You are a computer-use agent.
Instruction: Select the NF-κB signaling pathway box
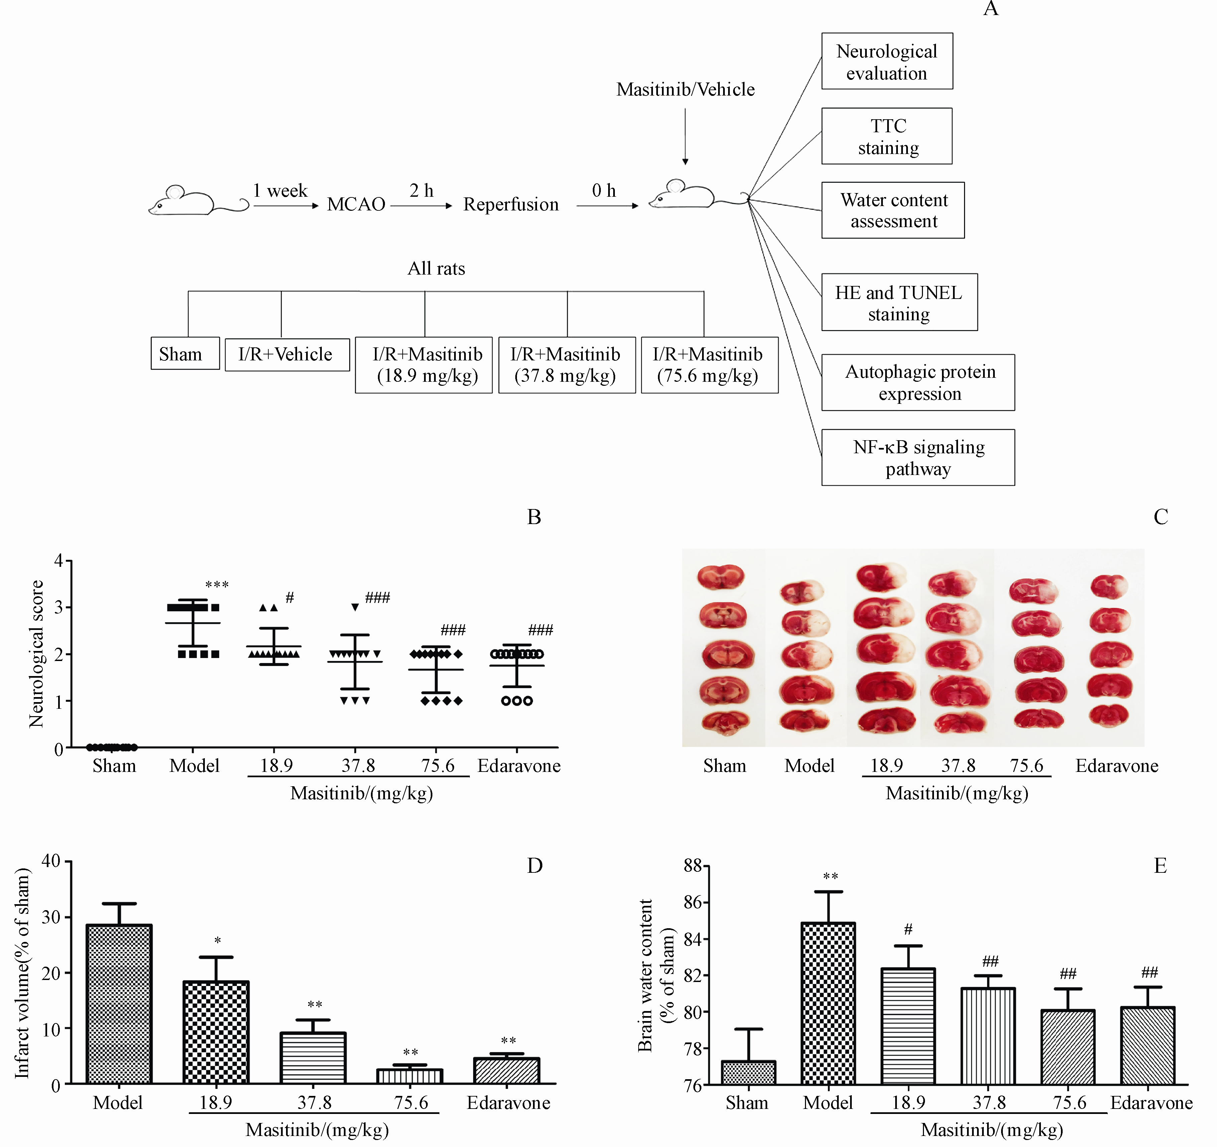pos(918,458)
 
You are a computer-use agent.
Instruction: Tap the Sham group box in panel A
pos(185,354)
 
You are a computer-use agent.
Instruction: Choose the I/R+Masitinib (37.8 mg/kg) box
pos(566,365)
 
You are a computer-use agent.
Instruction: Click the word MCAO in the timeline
pos(356,204)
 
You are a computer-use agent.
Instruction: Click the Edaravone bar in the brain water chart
pos(1147,1046)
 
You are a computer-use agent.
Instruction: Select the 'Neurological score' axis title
pos(37,654)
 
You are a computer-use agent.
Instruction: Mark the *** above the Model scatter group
pos(217,585)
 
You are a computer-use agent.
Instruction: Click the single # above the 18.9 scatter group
pos(290,597)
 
